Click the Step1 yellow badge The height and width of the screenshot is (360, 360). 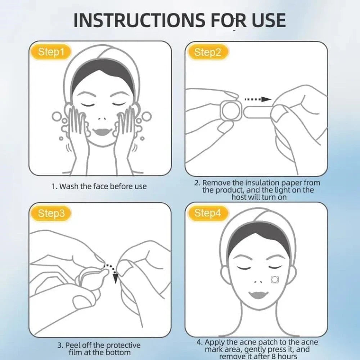click(x=51, y=52)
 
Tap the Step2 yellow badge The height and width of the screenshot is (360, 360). click(x=208, y=52)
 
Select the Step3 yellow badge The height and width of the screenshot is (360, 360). click(x=51, y=213)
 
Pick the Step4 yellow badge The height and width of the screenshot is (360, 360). click(x=208, y=213)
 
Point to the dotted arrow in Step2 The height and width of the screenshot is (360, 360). click(x=258, y=99)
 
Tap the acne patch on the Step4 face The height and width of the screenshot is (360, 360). click(x=275, y=279)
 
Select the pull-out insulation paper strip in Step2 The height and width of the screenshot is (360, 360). click(x=257, y=112)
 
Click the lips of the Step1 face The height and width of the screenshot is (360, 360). click(x=103, y=132)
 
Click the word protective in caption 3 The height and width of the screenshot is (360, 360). click(x=123, y=346)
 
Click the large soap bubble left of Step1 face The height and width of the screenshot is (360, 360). click(x=57, y=117)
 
